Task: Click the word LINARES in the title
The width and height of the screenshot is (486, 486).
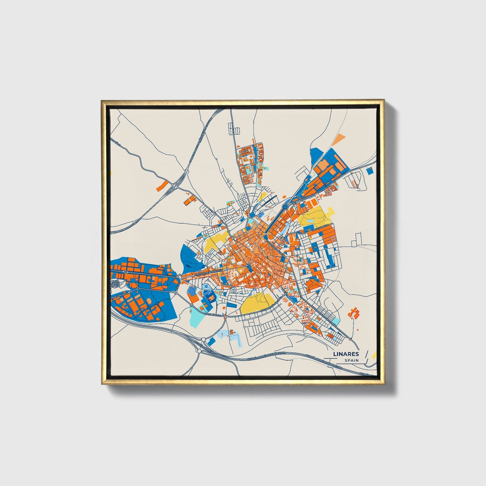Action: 346,354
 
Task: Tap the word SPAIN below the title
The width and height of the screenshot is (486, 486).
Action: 351,360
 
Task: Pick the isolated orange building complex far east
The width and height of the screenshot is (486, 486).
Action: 354,313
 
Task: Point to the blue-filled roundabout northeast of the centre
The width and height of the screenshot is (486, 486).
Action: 286,205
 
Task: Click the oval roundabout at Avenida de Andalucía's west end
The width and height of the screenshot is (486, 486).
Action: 180,276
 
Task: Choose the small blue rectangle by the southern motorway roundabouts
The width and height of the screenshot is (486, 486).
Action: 211,342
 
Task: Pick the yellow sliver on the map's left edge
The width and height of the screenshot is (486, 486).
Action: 112,174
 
